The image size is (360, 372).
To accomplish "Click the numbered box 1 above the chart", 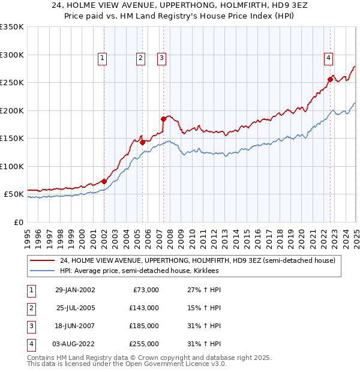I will (103, 58).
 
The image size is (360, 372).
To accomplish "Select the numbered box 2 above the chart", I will (140, 58).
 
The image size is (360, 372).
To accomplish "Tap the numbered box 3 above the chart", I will (162, 58).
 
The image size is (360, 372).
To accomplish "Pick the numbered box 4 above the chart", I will (329, 58).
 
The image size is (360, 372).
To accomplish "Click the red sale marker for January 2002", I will (104, 181).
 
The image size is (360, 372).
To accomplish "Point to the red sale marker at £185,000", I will (163, 119).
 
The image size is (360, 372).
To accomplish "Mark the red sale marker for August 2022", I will (330, 79).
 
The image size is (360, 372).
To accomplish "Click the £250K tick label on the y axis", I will (12, 83).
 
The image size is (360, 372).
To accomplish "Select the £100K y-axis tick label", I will (12, 166).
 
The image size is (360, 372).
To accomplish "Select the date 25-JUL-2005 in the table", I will (75, 308).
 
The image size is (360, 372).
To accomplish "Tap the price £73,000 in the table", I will (145, 290).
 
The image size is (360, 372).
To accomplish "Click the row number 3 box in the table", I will (29, 326).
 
